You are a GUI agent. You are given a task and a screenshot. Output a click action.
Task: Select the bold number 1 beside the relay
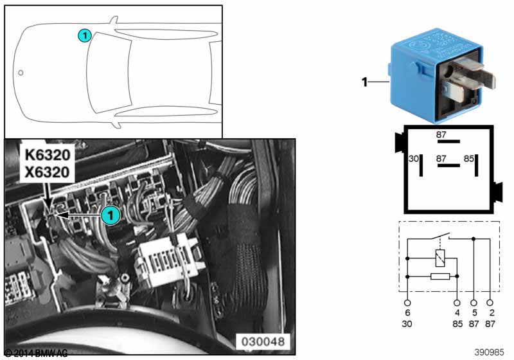pyautogui.click(x=364, y=82)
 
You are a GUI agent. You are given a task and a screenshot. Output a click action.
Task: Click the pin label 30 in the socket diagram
pyautogui.click(x=414, y=158)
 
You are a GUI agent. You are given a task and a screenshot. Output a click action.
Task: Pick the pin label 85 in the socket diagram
pyautogui.click(x=469, y=158)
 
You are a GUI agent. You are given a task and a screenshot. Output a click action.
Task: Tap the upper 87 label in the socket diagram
pyautogui.click(x=441, y=135)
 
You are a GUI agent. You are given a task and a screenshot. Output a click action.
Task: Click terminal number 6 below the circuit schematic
pyautogui.click(x=407, y=313)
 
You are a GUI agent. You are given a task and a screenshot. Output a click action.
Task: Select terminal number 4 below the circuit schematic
pyautogui.click(x=457, y=313)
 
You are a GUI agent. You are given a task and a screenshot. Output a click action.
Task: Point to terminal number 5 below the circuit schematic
pyautogui.click(x=474, y=313)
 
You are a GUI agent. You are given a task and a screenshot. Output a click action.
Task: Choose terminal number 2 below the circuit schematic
pyautogui.click(x=491, y=313)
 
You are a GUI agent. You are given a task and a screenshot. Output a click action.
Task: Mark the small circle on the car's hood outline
pyautogui.click(x=21, y=73)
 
